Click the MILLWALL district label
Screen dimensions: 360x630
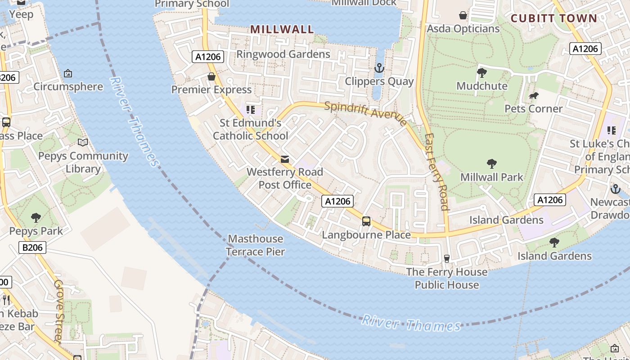[282, 30]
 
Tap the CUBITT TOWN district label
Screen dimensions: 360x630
[554, 18]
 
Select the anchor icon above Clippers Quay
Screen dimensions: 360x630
[379, 68]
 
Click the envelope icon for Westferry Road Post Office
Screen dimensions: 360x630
[285, 159]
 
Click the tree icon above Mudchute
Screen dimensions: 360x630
[482, 72]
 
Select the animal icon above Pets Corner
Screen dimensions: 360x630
[534, 95]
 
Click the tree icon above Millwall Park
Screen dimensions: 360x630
[492, 164]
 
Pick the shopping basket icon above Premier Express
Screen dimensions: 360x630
[211, 76]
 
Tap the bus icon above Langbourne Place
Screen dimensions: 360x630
[366, 221]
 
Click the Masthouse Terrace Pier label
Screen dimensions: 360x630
[255, 245]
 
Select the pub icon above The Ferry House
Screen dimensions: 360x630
[446, 258]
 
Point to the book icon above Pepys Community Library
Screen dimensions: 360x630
[83, 143]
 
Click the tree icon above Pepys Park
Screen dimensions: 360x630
[36, 218]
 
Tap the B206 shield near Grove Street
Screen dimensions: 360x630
[33, 247]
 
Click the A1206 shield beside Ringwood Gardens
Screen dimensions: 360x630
[208, 57]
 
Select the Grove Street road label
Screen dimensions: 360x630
[59, 310]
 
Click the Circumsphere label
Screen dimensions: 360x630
[68, 86]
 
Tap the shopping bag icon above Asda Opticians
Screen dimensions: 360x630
[463, 16]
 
